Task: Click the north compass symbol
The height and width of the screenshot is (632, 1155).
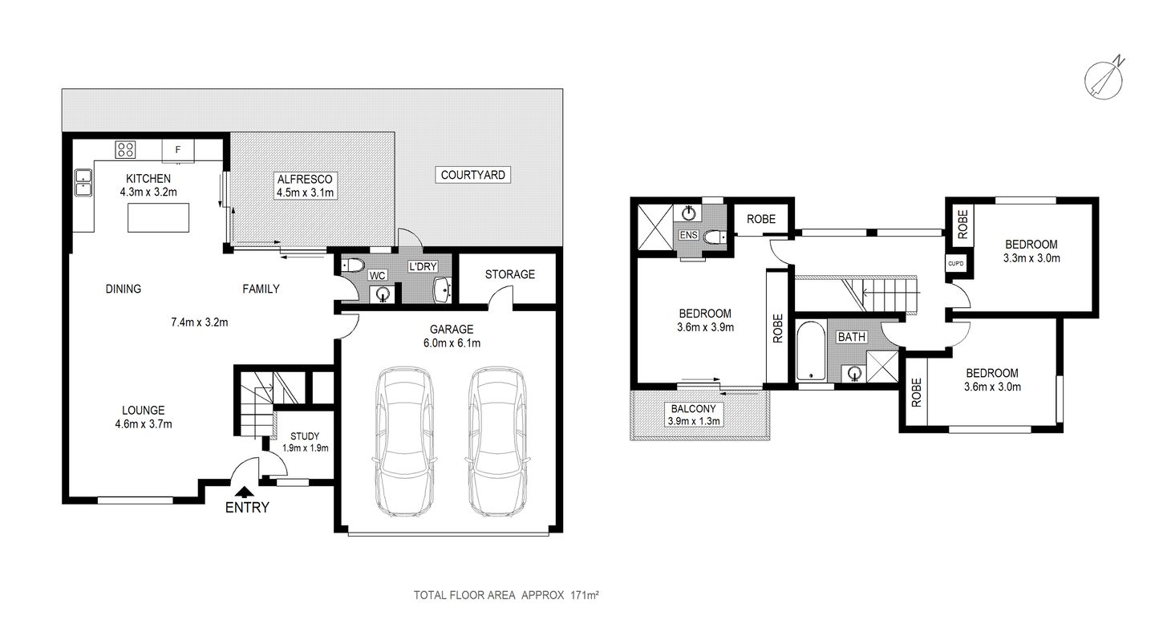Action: [x=1104, y=78]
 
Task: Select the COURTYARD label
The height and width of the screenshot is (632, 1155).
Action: [x=473, y=175]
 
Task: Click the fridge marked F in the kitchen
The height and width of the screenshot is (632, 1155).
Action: [x=178, y=149]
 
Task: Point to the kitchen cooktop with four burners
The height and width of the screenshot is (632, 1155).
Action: [x=125, y=149]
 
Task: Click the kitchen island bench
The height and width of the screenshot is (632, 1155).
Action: [x=159, y=217]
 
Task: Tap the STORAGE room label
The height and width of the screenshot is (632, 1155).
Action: [x=509, y=274]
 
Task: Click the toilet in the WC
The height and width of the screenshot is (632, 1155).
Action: [x=353, y=265]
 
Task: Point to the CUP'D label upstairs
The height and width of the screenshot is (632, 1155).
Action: [x=954, y=262]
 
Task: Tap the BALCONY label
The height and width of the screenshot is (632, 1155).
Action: [x=694, y=408]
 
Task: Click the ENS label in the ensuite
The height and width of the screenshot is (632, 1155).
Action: [x=688, y=236]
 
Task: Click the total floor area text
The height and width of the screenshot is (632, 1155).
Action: [x=507, y=595]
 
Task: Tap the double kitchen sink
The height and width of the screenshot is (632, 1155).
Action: [x=83, y=183]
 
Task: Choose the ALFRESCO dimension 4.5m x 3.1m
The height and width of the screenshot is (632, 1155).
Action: [x=305, y=192]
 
